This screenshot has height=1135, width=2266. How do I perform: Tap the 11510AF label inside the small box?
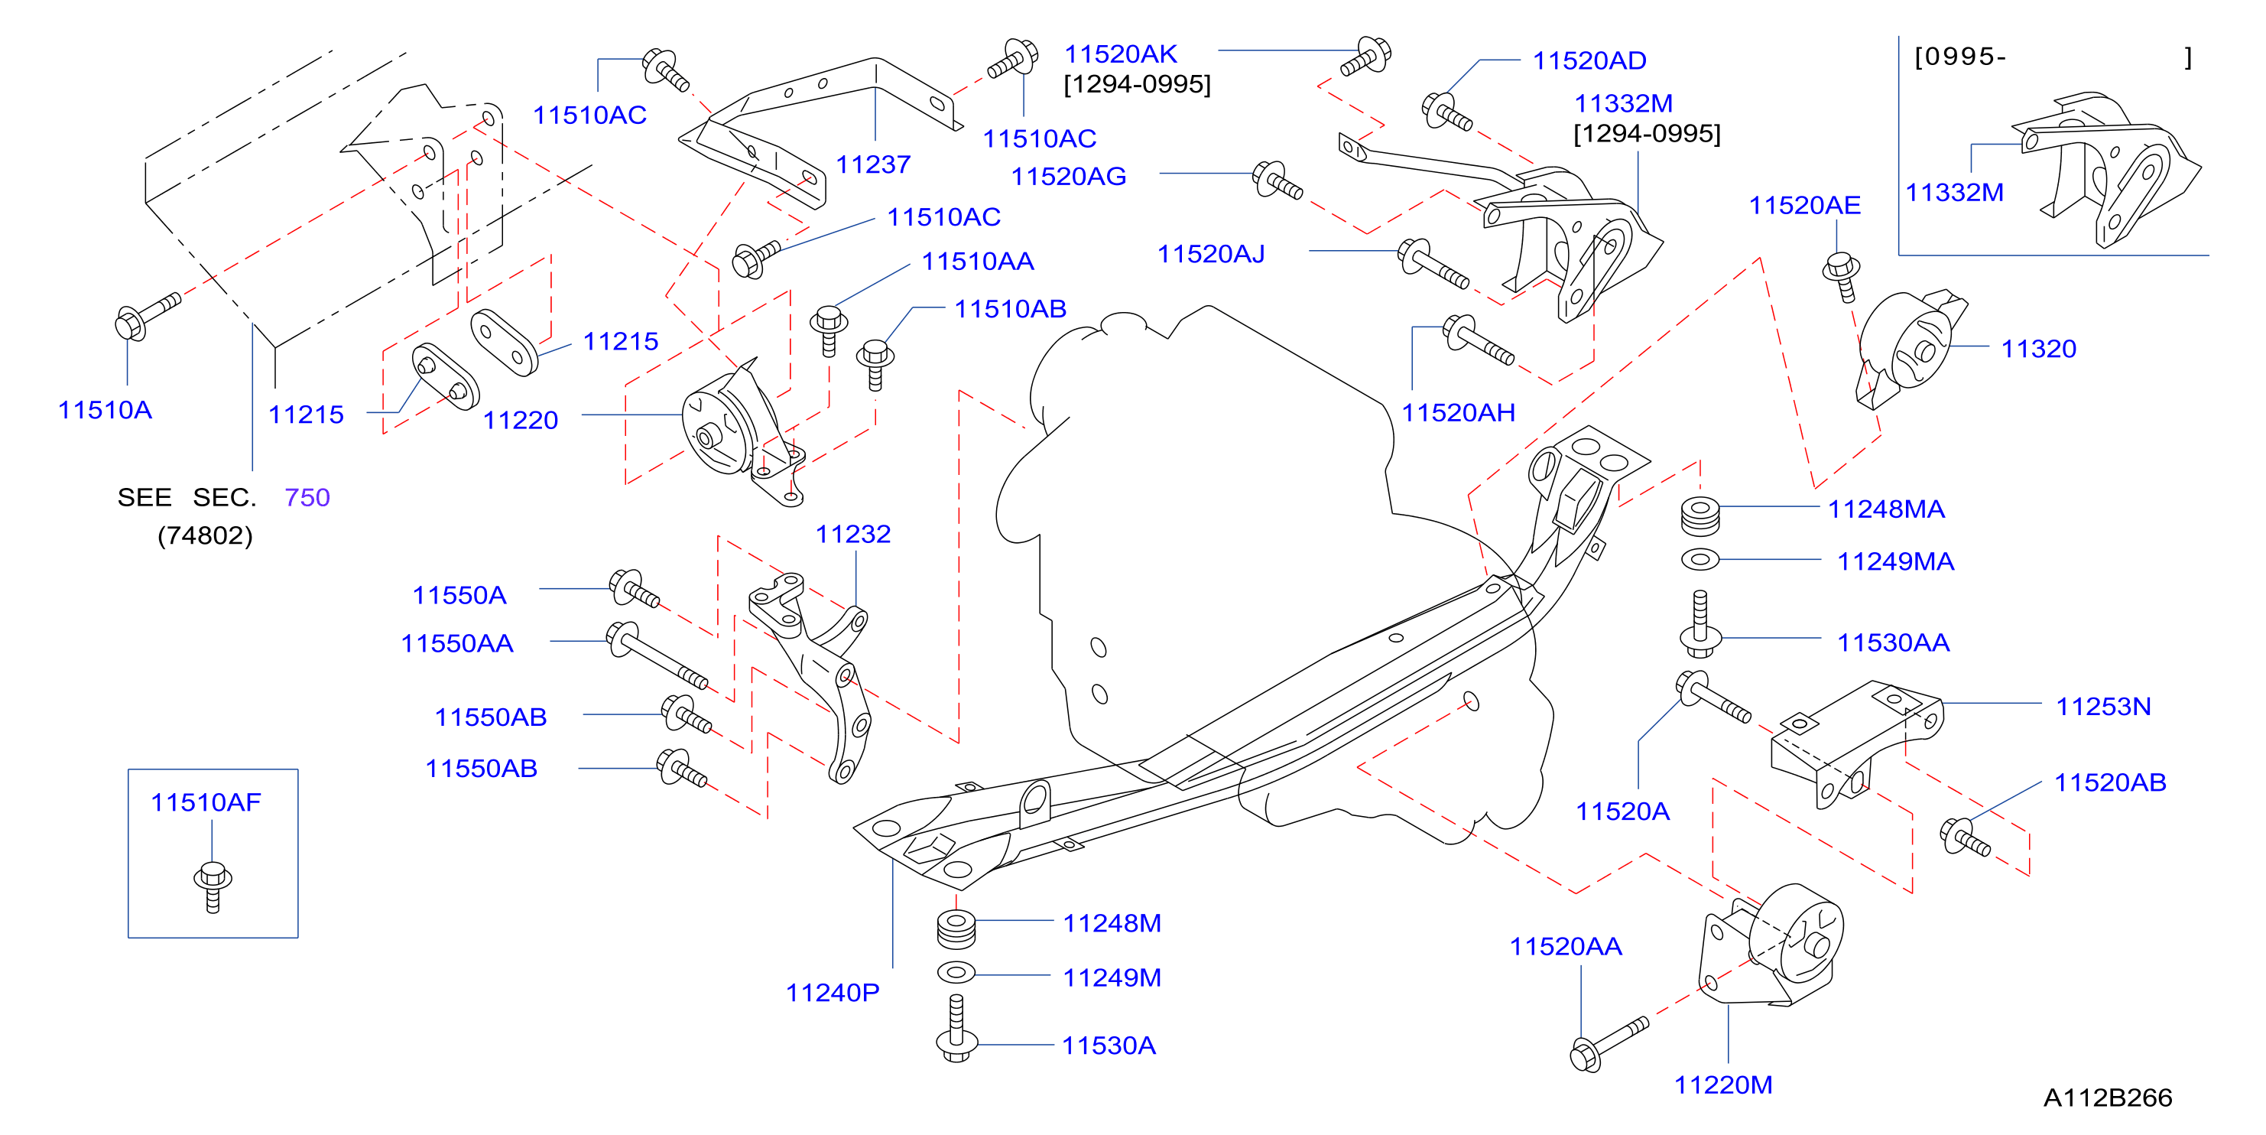pos(206,802)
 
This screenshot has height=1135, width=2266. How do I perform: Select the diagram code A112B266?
pos(2108,1098)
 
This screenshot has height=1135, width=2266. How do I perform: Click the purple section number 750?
pos(307,498)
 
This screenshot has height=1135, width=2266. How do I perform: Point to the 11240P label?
pos(832,994)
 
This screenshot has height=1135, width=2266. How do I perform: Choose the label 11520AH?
pos(1458,413)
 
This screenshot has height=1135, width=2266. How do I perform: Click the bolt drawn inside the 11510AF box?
pos(213,887)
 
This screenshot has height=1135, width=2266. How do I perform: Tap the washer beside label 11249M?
pos(956,973)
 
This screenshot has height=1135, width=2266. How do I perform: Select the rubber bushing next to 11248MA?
pos(1700,516)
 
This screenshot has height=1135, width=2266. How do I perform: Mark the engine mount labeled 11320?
pos(1911,350)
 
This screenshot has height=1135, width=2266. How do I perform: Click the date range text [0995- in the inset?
pos(1961,57)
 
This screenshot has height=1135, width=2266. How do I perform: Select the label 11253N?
pos(2103,707)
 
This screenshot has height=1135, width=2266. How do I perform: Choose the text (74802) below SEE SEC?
pos(205,536)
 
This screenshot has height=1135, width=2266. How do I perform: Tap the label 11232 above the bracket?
pos(852,534)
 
